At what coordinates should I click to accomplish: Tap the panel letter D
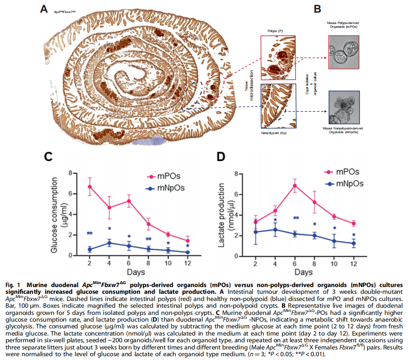[221, 157]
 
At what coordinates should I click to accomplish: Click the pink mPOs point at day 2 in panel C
[89, 186]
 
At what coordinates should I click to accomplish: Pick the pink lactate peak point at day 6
[295, 185]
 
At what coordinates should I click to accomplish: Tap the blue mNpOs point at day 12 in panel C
[188, 252]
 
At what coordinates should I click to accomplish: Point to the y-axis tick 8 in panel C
[71, 173]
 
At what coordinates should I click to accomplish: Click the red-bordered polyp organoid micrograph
[344, 52]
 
